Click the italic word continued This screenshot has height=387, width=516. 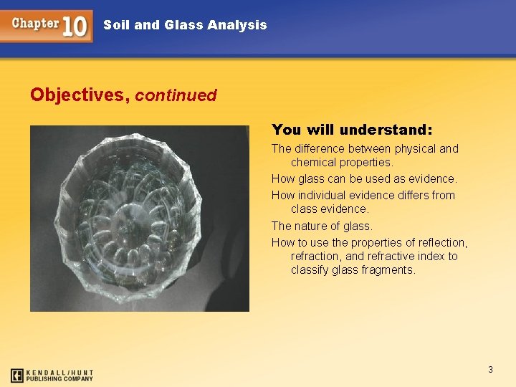[176, 95]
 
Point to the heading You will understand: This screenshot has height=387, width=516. [352, 130]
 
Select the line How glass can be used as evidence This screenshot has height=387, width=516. [364, 178]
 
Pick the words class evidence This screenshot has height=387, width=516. [330, 209]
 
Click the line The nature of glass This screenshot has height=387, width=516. [322, 226]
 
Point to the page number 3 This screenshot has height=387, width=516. [490, 370]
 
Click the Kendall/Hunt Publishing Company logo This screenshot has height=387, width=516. [52, 375]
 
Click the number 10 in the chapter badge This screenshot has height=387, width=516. [75, 26]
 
